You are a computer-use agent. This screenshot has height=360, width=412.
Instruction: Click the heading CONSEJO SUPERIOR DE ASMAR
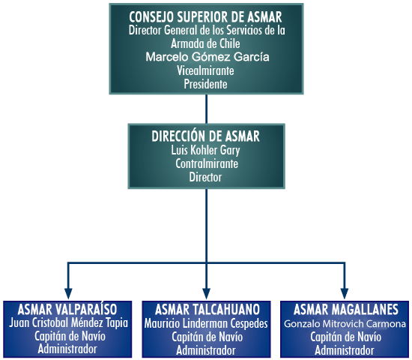tap(205, 16)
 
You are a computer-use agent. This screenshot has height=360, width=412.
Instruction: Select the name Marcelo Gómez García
tap(207, 57)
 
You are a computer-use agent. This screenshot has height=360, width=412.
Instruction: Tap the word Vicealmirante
tap(205, 70)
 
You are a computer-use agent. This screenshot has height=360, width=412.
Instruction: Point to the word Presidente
tap(205, 84)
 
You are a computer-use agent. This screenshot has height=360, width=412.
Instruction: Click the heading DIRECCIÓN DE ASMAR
tap(205, 136)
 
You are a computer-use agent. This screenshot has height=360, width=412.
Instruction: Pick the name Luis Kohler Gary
tap(205, 151)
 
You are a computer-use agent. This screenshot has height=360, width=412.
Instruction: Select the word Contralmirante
tap(207, 163)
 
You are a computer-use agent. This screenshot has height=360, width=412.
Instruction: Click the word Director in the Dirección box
tap(205, 177)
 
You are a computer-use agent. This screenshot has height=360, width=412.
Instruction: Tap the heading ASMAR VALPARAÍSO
tap(67, 309)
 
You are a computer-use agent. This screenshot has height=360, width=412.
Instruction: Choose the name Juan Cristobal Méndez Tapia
tap(68, 323)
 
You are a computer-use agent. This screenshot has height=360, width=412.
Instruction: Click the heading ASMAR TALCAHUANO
tap(207, 310)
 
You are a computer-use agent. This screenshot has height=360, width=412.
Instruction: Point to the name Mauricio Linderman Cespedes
tap(206, 323)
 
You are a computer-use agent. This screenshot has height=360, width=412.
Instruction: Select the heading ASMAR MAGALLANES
tap(346, 310)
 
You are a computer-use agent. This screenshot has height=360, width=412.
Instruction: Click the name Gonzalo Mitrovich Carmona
tap(345, 324)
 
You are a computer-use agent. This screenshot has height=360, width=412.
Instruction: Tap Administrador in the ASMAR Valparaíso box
tap(67, 349)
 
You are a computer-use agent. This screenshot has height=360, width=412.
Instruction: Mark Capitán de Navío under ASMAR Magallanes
tap(346, 337)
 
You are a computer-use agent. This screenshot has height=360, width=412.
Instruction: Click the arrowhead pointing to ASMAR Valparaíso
tap(68, 293)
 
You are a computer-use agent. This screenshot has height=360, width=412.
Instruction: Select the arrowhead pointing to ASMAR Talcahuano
tap(206, 293)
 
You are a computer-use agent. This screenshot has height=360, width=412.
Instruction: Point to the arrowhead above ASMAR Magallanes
tap(345, 293)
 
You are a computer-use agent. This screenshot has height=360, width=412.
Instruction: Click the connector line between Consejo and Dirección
tap(206, 109)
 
